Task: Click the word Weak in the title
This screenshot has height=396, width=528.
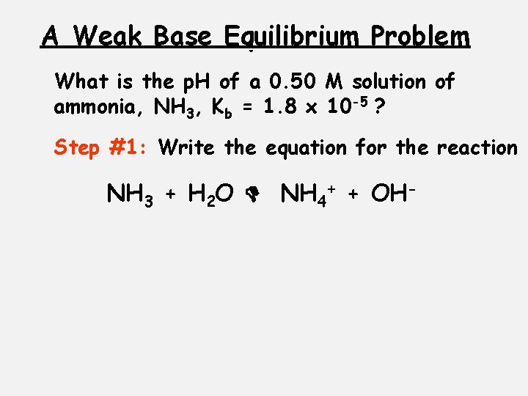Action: [x=110, y=36]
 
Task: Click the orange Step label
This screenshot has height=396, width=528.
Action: [x=77, y=148]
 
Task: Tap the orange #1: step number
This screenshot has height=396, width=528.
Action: [x=129, y=147]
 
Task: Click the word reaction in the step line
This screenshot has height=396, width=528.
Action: [x=477, y=147]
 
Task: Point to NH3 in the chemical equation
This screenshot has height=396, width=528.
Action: [x=130, y=195]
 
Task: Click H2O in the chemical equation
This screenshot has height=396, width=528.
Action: [x=211, y=195]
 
